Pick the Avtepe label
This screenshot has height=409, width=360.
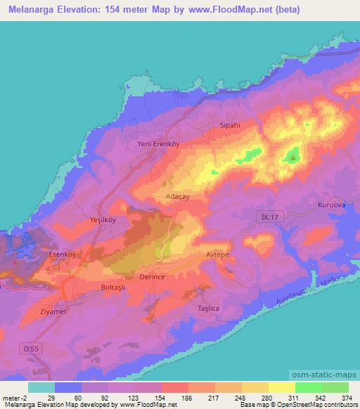pos(219,255)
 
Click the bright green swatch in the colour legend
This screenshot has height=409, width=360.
pos(308,387)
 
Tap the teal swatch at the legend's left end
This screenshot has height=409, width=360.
pos(42,387)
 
